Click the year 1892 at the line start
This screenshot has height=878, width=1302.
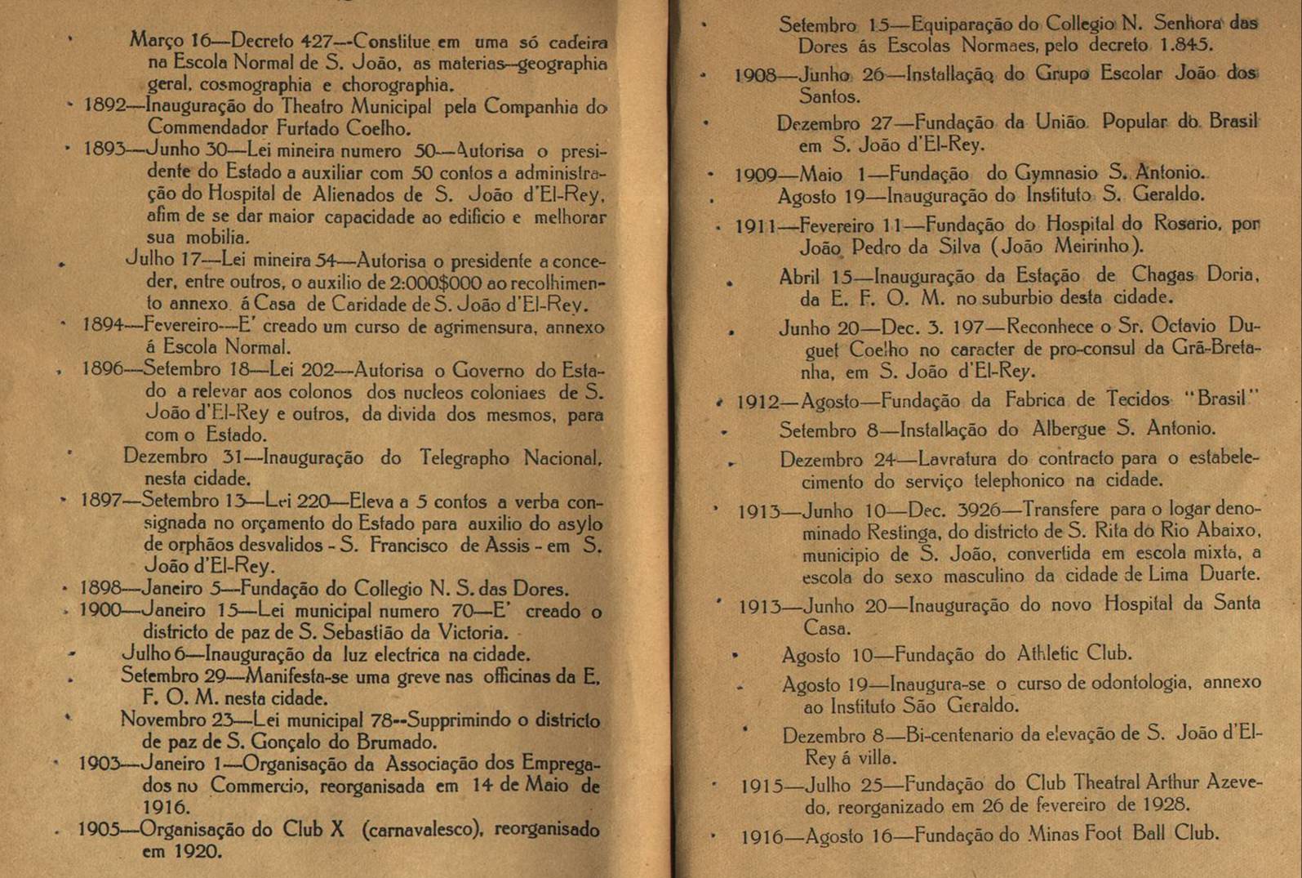tap(104, 106)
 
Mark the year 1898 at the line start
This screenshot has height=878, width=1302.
tap(100, 588)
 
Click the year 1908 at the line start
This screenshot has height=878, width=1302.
tap(755, 76)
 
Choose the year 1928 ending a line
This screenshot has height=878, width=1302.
tap(1162, 804)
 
